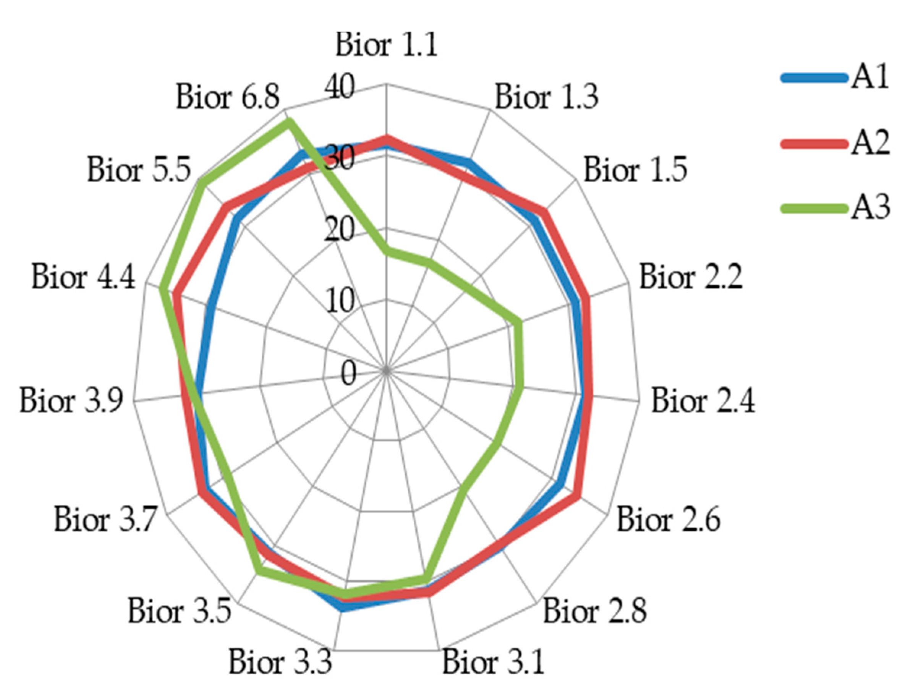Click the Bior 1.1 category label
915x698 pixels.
(x=387, y=45)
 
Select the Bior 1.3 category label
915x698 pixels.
(x=546, y=97)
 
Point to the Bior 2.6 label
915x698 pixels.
(x=668, y=519)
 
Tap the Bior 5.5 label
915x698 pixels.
(x=139, y=170)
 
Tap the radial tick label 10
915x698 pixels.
(x=340, y=301)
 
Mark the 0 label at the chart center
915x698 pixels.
(x=348, y=374)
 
